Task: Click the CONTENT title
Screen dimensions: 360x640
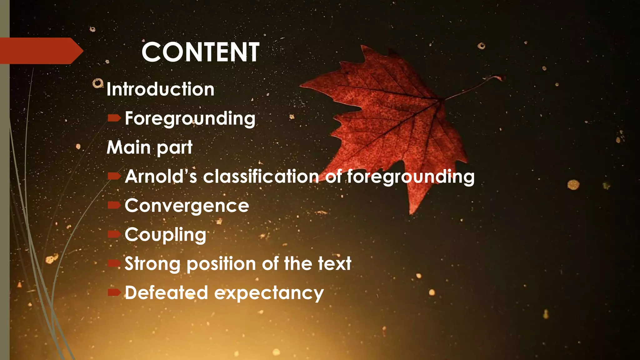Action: pyautogui.click(x=200, y=52)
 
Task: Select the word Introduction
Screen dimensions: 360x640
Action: pyautogui.click(x=160, y=89)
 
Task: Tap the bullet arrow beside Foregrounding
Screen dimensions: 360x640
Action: pyautogui.click(x=114, y=118)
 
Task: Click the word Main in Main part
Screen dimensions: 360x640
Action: pyautogui.click(x=129, y=147)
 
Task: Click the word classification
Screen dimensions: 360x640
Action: pyautogui.click(x=261, y=176)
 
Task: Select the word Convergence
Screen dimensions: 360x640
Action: pyautogui.click(x=187, y=206)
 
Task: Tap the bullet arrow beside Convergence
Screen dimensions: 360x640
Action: pyautogui.click(x=114, y=205)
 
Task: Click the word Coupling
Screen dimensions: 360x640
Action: pyautogui.click(x=165, y=235)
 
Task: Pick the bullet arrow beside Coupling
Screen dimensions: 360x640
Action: pyautogui.click(x=114, y=234)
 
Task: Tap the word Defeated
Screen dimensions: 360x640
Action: pyautogui.click(x=166, y=293)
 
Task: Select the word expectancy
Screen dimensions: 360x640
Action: pyautogui.click(x=269, y=294)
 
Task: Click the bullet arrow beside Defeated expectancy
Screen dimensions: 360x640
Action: pyautogui.click(x=114, y=292)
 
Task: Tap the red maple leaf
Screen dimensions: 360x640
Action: pyautogui.click(x=391, y=119)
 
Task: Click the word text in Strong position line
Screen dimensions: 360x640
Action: pyautogui.click(x=335, y=264)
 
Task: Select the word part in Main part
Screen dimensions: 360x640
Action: pyautogui.click(x=174, y=148)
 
